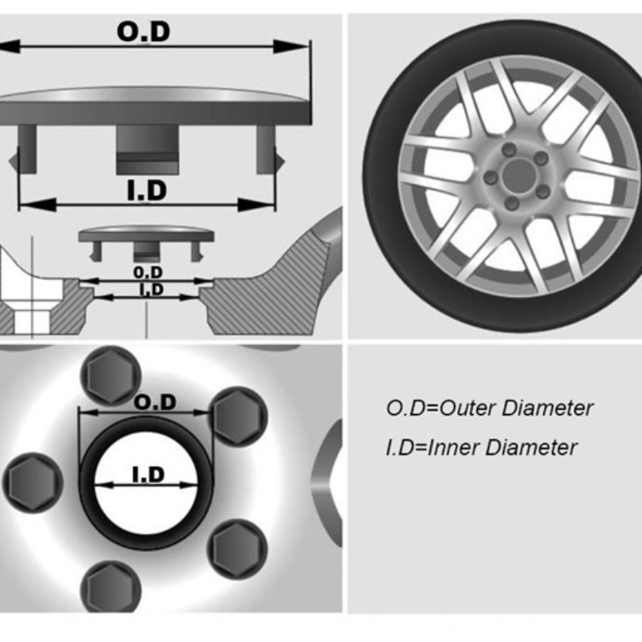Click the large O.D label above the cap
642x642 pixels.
[x=144, y=31]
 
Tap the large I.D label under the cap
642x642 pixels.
[x=147, y=190]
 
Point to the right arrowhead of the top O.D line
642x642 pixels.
[x=291, y=47]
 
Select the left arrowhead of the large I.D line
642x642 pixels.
[x=38, y=205]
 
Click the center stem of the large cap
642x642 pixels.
[x=148, y=149]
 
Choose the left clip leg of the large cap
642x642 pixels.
[x=24, y=149]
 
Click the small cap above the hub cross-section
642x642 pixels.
[x=146, y=243]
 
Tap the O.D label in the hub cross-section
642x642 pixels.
[x=148, y=272]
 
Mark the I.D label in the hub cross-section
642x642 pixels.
[x=152, y=290]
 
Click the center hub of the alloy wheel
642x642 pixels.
[x=519, y=176]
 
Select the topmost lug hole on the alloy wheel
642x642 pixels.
[x=509, y=149]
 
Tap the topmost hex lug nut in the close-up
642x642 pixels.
[x=111, y=376]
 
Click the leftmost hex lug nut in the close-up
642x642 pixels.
[x=33, y=483]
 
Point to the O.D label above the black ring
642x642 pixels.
[x=155, y=402]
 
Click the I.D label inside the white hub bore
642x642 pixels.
[x=148, y=474]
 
